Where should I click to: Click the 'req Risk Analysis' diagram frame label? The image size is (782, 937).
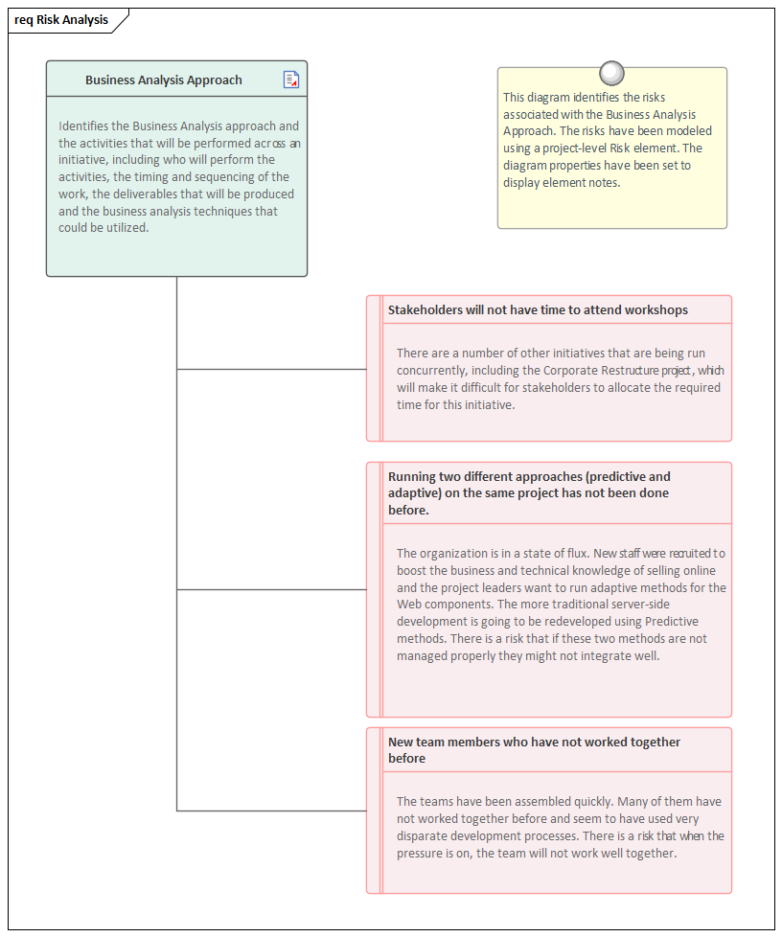click(61, 20)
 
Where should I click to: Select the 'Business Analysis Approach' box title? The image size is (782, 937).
click(163, 80)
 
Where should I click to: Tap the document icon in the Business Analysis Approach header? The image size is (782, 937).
click(291, 80)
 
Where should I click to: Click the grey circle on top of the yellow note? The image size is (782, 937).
click(611, 73)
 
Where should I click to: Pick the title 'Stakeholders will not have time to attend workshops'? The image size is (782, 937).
click(538, 310)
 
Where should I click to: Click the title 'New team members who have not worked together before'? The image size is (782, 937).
click(534, 750)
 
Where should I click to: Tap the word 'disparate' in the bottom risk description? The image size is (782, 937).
click(427, 836)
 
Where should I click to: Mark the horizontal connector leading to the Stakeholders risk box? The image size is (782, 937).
click(271, 369)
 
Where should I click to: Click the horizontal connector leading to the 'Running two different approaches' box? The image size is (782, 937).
click(271, 590)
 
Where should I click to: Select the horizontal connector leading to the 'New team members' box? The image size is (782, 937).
click(271, 811)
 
